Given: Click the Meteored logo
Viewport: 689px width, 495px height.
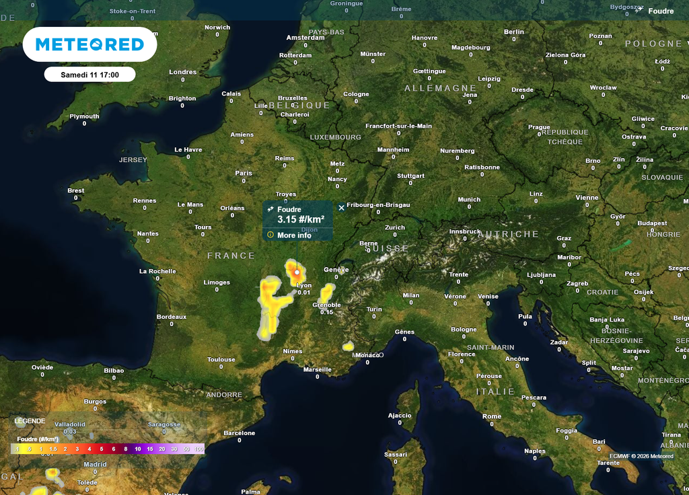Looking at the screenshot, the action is tap(89, 44).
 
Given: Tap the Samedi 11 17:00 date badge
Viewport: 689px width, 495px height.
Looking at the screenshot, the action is tap(89, 75).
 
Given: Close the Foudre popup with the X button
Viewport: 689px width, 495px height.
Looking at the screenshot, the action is tap(341, 208).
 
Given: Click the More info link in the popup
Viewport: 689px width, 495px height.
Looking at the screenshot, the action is tap(294, 235).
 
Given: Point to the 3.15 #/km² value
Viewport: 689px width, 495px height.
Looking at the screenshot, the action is tap(301, 220).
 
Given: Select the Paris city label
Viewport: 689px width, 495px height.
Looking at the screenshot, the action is tap(244, 173).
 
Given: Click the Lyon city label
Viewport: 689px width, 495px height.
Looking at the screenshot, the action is tap(304, 285).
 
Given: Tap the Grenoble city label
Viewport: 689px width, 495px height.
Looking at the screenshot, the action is tap(326, 305).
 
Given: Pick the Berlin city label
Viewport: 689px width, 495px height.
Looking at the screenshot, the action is tap(513, 32).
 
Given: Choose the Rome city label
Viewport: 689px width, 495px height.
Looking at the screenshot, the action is tap(492, 416).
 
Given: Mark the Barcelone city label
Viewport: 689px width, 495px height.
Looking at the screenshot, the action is tap(240, 433).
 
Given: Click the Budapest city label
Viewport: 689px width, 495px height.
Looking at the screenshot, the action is tap(652, 223).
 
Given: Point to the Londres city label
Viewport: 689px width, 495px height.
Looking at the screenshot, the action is tap(183, 72).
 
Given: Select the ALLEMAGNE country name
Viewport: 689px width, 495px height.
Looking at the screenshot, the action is tap(440, 88).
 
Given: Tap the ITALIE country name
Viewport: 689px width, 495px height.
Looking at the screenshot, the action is tap(495, 391).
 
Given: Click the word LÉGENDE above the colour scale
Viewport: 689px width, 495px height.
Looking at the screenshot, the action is tap(30, 421).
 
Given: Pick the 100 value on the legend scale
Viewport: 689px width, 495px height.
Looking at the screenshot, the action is tap(198, 449).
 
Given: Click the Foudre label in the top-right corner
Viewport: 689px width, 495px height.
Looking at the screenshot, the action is tap(660, 11).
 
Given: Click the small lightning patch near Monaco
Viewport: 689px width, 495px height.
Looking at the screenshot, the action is tap(348, 346).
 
